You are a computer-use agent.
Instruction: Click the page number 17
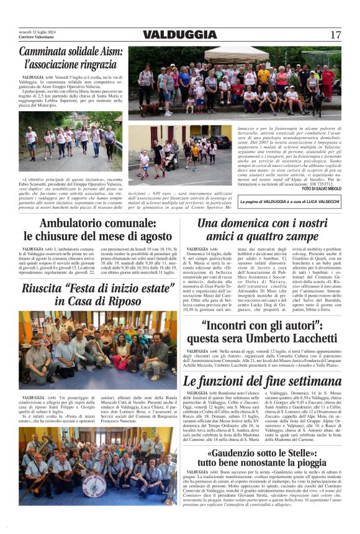(335, 35)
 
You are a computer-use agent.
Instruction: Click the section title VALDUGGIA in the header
(179, 35)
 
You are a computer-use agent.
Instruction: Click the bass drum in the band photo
(95, 484)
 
